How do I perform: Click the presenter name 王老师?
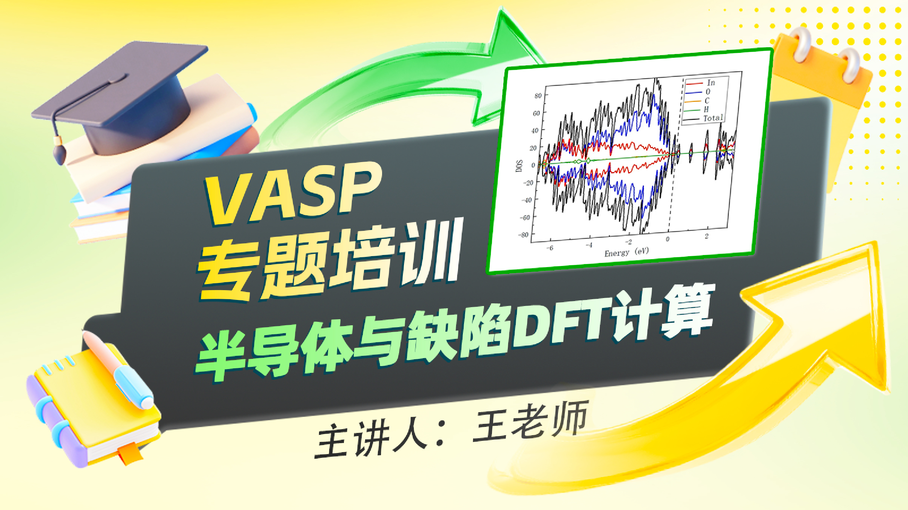(x=531, y=421)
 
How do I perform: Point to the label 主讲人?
(x=372, y=438)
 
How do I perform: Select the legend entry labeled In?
(x=701, y=83)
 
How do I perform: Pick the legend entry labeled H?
(x=697, y=110)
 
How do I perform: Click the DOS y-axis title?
(x=519, y=166)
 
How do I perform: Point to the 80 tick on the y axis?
(x=538, y=96)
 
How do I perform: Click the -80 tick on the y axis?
(x=523, y=235)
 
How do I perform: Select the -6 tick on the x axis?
(x=550, y=248)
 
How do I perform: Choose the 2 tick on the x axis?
(x=706, y=236)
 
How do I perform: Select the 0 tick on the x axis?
(x=668, y=239)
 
